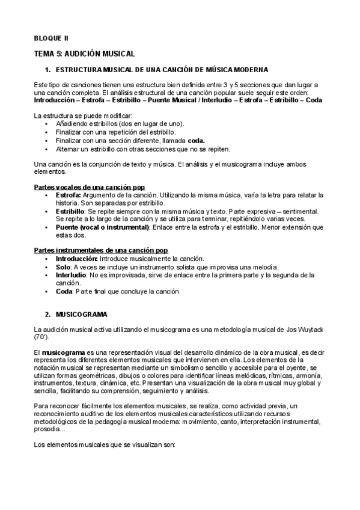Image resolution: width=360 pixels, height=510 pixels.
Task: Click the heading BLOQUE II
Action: click(51, 38)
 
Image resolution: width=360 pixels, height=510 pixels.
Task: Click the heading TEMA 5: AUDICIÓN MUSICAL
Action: click(84, 54)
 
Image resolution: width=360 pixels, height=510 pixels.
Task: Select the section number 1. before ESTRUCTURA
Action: click(48, 70)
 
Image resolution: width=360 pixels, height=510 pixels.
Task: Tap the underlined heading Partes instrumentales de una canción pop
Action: click(101, 250)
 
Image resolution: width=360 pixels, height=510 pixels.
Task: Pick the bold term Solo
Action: click(63, 266)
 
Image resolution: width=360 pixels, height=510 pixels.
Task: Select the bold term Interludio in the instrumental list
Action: click(70, 275)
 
